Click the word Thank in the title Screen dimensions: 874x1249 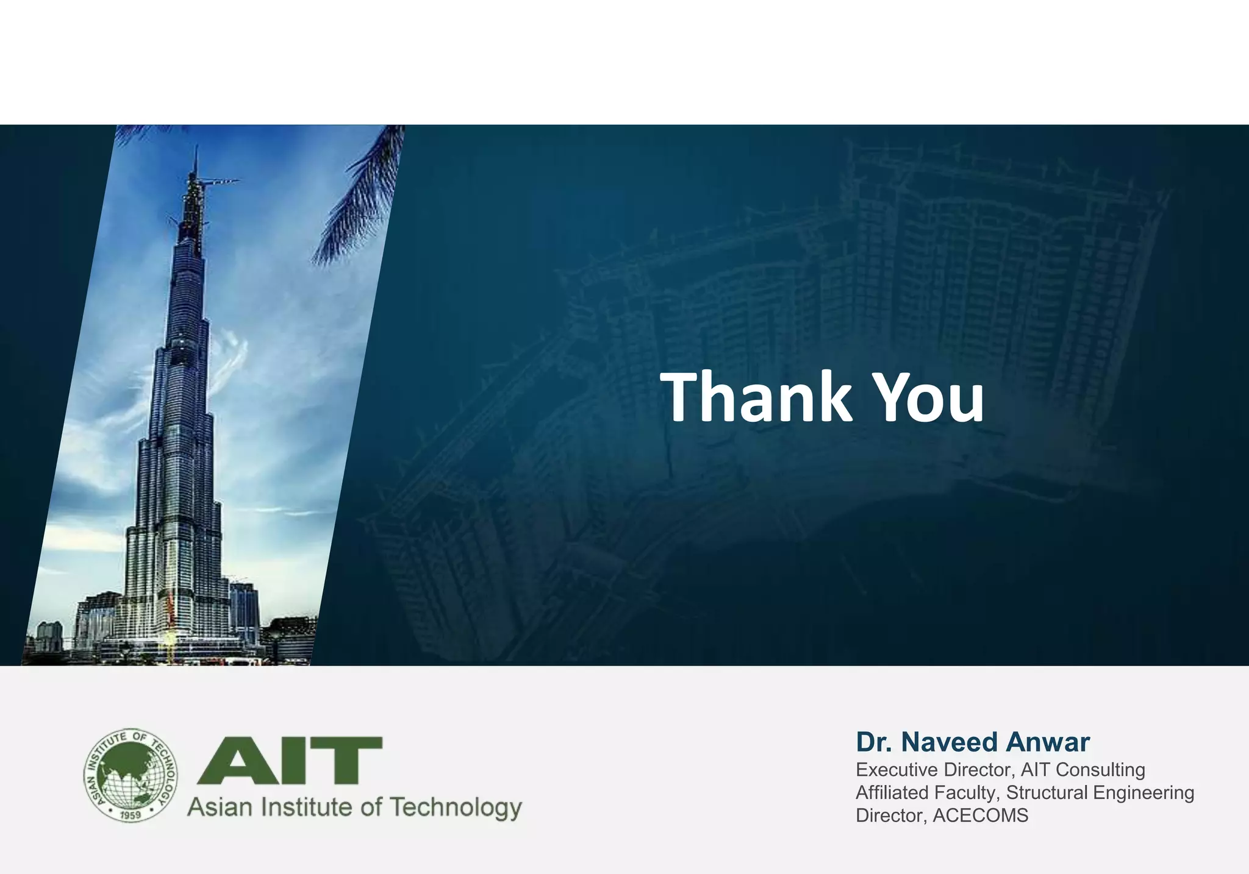[756, 397]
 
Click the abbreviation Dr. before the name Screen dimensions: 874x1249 [875, 742]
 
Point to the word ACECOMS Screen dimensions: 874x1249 [981, 815]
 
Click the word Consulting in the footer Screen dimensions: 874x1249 [1100, 770]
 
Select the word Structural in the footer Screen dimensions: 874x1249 [1047, 793]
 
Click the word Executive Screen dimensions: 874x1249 [896, 770]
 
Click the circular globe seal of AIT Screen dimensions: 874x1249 [131, 776]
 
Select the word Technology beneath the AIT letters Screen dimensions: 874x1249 [456, 808]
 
